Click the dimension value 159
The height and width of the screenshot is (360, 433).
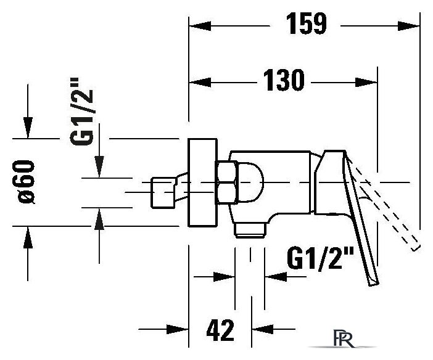click(307, 24)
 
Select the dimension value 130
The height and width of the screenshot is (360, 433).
click(284, 80)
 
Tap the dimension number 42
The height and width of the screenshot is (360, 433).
click(220, 330)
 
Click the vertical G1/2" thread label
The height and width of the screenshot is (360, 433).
click(82, 112)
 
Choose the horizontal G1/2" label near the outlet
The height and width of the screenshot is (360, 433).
click(320, 258)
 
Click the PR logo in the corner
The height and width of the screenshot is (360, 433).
click(344, 338)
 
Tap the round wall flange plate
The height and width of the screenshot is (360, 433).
click(202, 182)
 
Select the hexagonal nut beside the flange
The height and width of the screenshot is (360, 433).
click(227, 182)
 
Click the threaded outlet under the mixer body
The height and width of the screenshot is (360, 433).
click(250, 231)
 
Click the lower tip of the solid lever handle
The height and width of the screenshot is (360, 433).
click(374, 284)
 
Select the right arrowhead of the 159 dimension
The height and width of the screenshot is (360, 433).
click(408, 27)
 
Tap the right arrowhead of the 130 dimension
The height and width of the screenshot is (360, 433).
click(366, 82)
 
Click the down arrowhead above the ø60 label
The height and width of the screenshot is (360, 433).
click(28, 128)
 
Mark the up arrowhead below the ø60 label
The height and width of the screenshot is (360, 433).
click(28, 237)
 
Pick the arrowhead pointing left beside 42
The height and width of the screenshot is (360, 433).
click(263, 329)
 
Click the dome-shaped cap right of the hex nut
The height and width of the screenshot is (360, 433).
click(250, 182)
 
